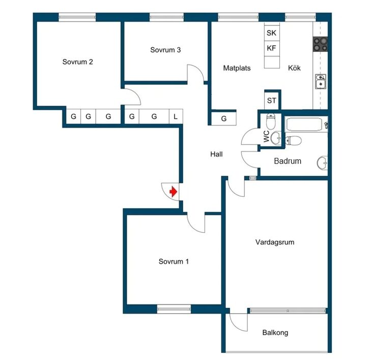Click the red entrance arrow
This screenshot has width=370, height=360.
tap(174, 191)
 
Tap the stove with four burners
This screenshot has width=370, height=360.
tap(320, 44)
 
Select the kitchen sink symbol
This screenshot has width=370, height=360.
tap(321, 81)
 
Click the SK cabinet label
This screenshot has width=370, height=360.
tap(271, 33)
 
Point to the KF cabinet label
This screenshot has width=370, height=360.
tap(271, 48)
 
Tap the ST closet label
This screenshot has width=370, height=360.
tap(272, 100)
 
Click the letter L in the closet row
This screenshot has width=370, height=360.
tap(175, 117)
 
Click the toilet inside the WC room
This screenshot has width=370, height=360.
tap(271, 121)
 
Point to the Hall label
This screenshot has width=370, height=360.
tap(216, 154)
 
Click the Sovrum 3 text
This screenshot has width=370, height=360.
tap(165, 50)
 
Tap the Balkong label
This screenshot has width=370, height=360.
tap(275, 333)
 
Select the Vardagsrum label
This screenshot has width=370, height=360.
tap(275, 242)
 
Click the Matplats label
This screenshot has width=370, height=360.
tap(237, 68)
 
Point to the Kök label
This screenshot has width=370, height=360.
tap(294, 68)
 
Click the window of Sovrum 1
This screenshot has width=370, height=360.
tap(174, 309)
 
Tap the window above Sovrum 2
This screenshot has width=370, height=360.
tap(77, 17)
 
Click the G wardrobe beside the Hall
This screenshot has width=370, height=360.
tap(223, 119)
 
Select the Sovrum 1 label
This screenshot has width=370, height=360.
tap(174, 262)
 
